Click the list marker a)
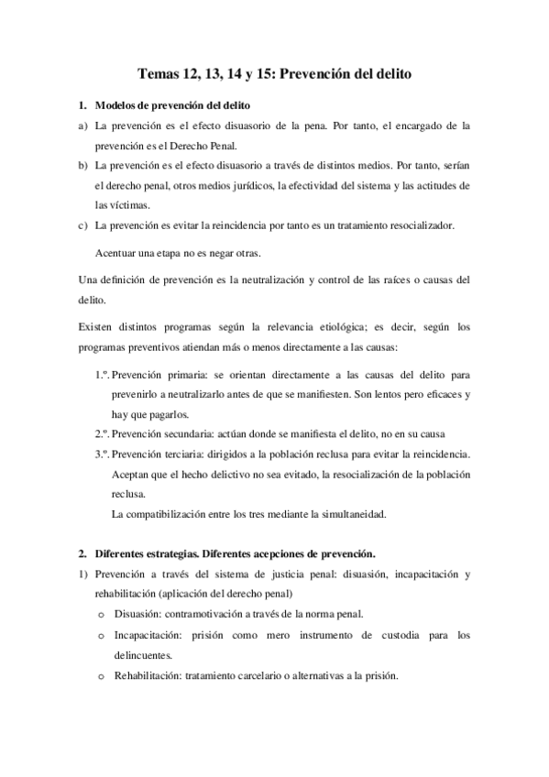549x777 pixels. [x=82, y=126]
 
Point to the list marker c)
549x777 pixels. [x=82, y=224]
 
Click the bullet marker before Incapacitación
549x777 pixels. [x=101, y=634]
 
